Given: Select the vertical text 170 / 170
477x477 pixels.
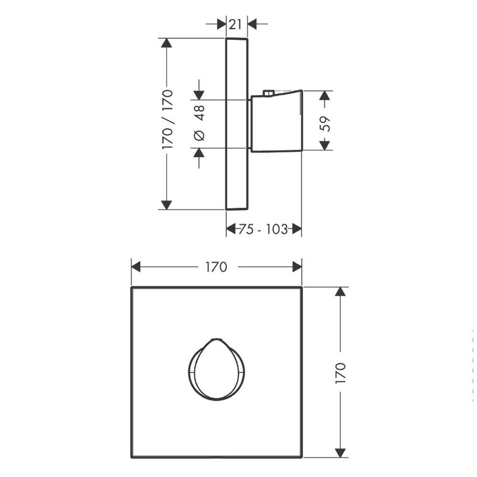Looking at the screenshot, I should coord(167,119).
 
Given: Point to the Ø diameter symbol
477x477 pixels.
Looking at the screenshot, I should coord(200,135).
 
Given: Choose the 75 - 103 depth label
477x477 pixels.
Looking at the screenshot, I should coord(264,229).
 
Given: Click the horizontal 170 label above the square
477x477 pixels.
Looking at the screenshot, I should coord(216,267).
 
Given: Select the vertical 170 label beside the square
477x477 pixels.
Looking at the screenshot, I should coord(340,373).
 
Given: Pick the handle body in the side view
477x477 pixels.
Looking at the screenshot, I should coord(275,122).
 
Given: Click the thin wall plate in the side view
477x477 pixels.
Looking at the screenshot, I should coord(236,123).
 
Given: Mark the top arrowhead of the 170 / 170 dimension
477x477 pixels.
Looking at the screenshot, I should coord(166,43).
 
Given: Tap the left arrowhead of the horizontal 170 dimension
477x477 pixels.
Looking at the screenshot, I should coord(136,267).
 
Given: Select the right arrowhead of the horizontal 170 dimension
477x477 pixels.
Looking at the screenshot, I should coord(297,267).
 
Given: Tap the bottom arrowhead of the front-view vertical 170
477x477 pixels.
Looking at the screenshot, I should coord(340,452).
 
